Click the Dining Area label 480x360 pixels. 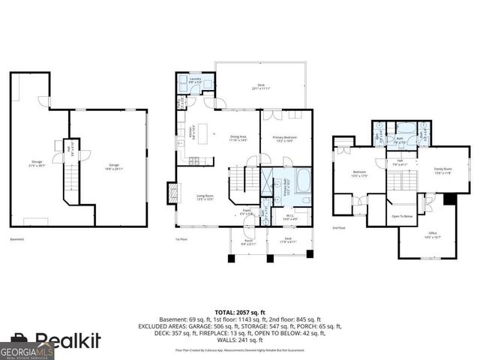click(239, 137)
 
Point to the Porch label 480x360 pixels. click(249, 241)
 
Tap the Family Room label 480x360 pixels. click(443, 170)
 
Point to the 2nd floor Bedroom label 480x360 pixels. click(360, 174)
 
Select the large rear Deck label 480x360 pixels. click(260, 86)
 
